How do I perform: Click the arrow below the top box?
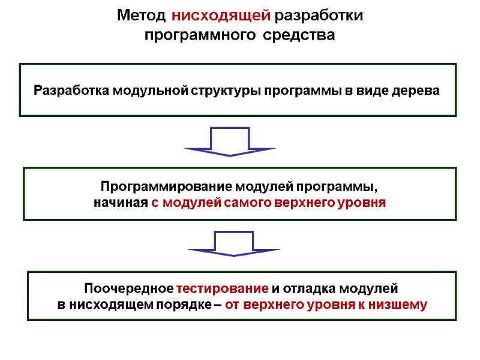(x=230, y=142)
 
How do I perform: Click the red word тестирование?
(x=223, y=287)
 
